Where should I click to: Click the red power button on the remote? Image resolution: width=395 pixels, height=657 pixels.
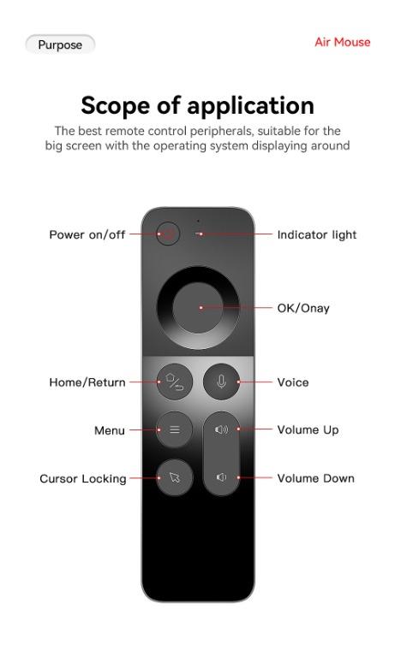point(168,234)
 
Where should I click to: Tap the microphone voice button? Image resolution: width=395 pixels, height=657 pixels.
point(221,382)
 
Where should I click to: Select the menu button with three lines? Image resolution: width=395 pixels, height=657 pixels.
point(174,429)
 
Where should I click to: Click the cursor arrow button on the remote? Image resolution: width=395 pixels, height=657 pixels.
point(174,477)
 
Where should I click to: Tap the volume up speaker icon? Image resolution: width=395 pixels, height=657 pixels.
point(221,429)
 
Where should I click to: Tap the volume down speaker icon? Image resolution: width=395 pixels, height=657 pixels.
point(221,477)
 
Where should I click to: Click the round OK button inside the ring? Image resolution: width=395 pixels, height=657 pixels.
point(198,308)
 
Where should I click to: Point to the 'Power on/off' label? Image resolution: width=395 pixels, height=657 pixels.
point(87,234)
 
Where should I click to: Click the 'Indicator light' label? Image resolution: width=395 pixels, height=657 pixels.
point(317,234)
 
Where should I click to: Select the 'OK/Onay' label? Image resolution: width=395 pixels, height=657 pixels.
point(303,308)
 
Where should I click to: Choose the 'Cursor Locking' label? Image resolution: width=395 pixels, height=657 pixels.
point(83,479)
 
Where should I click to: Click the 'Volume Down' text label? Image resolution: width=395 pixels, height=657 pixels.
point(315,478)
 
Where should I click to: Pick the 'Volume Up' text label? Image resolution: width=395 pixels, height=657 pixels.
point(308,430)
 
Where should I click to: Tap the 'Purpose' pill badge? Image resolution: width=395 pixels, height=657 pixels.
point(60,44)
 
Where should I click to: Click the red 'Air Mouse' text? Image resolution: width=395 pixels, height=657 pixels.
point(343,42)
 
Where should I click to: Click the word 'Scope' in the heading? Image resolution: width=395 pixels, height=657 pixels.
point(115,105)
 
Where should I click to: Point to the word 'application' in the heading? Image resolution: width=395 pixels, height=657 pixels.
point(250,105)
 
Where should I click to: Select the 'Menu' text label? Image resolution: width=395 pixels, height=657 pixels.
point(110,430)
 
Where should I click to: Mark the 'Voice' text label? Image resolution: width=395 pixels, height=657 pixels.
point(293,382)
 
